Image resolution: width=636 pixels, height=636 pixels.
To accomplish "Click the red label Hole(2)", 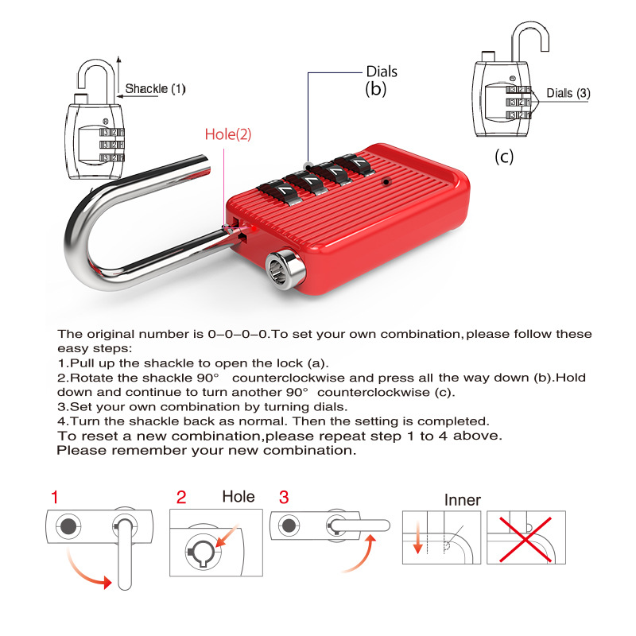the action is click(227, 134).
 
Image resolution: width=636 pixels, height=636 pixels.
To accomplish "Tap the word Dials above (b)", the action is click(381, 72).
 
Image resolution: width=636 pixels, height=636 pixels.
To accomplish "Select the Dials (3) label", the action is click(568, 93).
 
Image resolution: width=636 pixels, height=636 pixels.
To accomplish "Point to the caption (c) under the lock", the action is click(504, 157).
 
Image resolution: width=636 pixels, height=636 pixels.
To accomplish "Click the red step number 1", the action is click(54, 498).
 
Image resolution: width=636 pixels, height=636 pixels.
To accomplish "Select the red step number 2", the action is click(181, 498).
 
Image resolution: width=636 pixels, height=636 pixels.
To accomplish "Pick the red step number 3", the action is click(284, 498).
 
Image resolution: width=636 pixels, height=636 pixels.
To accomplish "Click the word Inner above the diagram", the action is click(462, 499).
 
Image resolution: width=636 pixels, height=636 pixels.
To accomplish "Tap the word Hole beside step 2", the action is click(238, 497).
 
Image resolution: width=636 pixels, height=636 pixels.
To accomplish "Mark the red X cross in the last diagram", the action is click(525, 537).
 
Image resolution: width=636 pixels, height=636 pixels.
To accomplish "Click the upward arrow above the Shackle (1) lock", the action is click(118, 68).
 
